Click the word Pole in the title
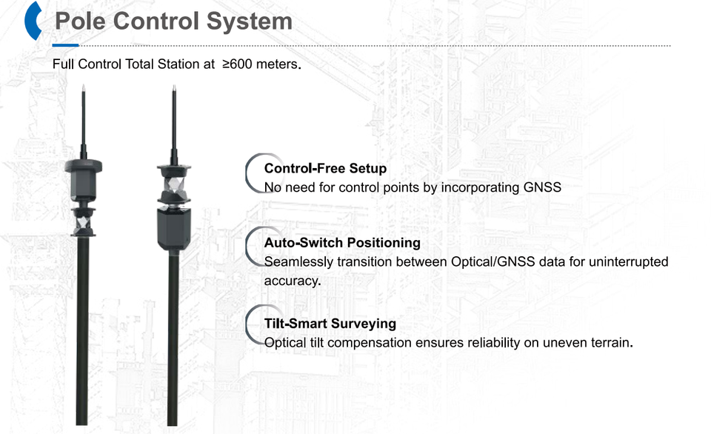(x=81, y=21)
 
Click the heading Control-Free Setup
(x=325, y=168)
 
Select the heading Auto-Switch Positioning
(x=342, y=243)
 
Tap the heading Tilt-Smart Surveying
(x=330, y=324)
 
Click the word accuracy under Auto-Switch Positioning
(x=292, y=281)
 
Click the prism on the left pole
(x=83, y=223)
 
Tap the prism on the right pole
(x=173, y=185)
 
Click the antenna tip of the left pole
(x=84, y=86)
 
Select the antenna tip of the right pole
(x=174, y=86)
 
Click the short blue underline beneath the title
(x=65, y=45)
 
